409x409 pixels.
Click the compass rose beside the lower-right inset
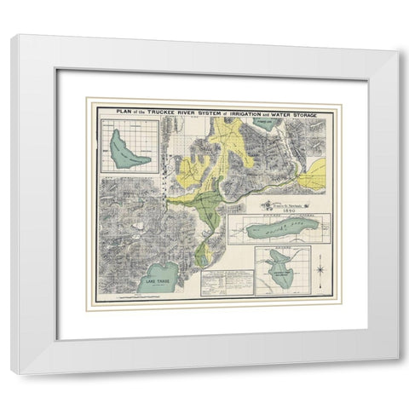pyautogui.click(x=320, y=271)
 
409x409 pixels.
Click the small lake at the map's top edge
pyautogui.click(x=265, y=121)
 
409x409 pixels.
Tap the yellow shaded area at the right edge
pyautogui.click(x=318, y=174)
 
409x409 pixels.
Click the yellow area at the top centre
pyautogui.click(x=227, y=132)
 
